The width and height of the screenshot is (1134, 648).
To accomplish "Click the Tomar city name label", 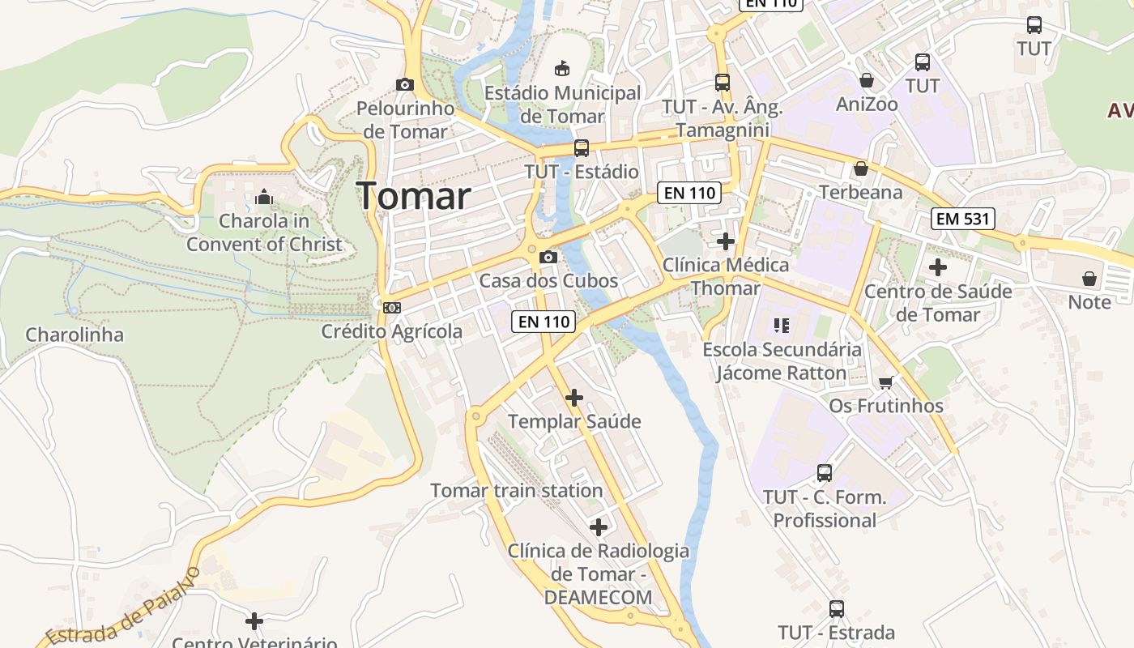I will [x=413, y=196].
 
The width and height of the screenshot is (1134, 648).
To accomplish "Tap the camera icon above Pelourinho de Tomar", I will [x=404, y=84].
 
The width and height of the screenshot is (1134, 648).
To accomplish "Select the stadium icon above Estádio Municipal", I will [x=561, y=67].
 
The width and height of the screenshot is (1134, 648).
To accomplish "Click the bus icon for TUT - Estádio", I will [x=581, y=148].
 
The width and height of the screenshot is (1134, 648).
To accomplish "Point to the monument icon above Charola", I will [x=264, y=197].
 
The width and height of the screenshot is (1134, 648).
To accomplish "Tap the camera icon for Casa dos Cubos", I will [x=548, y=257].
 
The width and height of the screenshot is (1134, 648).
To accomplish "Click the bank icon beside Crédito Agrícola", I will [x=392, y=307].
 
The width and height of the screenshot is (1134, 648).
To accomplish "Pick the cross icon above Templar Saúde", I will [x=574, y=397].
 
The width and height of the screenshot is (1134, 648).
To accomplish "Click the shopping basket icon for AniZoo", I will [x=867, y=80].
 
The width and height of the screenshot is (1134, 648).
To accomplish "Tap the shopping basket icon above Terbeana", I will [x=860, y=168].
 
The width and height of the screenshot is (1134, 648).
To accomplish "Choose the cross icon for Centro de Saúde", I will [x=938, y=266].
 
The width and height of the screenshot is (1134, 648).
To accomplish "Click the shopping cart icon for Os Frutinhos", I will [x=885, y=382].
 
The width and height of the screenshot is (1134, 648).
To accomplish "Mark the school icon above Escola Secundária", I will [x=782, y=326].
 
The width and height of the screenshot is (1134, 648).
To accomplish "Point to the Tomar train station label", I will [x=516, y=491].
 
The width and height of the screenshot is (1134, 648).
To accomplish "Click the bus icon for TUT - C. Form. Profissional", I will [x=825, y=473].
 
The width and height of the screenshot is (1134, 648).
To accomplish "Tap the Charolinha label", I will [x=75, y=335].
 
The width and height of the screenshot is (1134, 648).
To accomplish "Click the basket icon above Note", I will [x=1089, y=279].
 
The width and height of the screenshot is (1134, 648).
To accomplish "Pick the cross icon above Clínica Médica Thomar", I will [x=726, y=241].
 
